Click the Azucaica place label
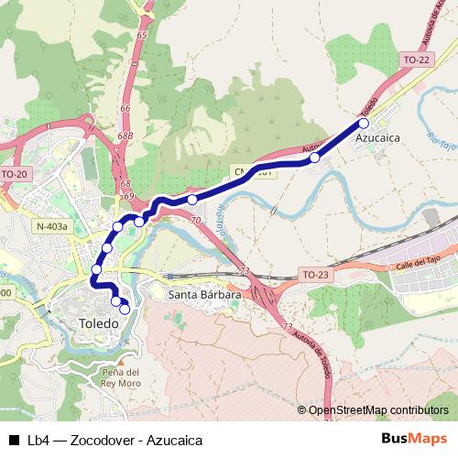[380, 141]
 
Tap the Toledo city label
[94, 324]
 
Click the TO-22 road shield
[415, 60]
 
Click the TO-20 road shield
[16, 173]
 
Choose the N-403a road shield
[53, 226]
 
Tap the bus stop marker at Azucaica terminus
[364, 123]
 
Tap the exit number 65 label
[141, 35]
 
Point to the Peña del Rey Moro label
[121, 377]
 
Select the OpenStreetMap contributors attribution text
[378, 409]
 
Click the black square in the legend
[13, 440]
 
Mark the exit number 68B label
[125, 136]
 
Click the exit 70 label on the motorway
[196, 221]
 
